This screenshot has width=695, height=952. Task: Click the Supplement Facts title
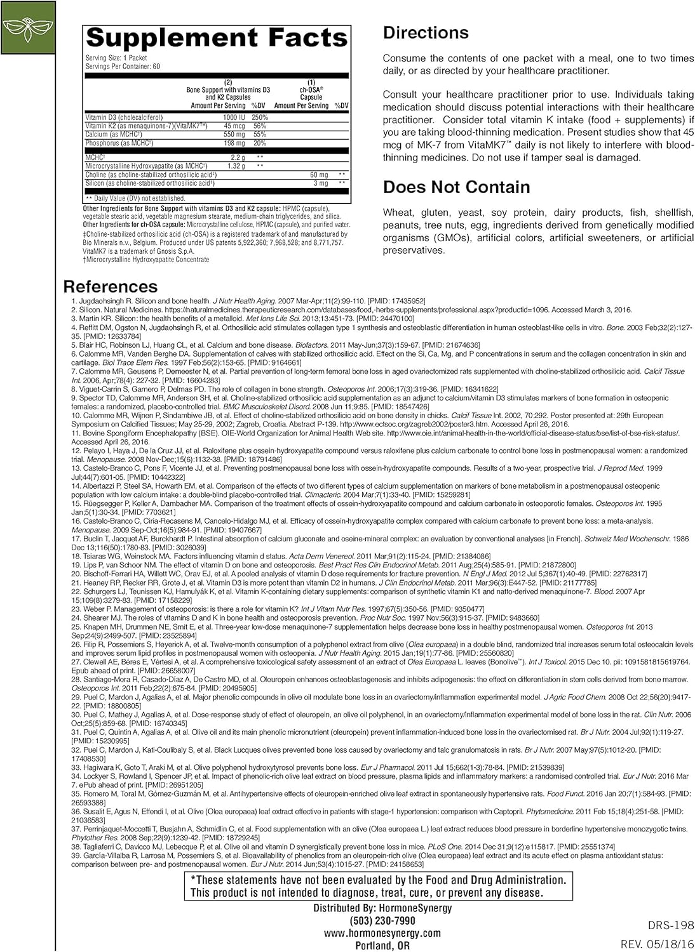coord(217,37)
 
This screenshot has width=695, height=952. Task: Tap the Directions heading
coord(426,33)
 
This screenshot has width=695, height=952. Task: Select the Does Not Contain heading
coord(456,187)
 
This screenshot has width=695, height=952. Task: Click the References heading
coord(111,287)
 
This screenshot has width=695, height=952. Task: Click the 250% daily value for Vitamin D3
coord(260,117)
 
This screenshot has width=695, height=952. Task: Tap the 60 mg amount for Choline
coord(319,175)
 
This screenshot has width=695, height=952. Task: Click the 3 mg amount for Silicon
coord(321,183)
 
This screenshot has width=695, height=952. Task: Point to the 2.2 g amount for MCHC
coord(237,157)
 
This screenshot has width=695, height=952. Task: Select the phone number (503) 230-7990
coord(382,920)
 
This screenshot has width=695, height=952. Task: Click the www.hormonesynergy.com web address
coord(382,932)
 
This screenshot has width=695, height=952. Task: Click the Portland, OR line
coord(382,945)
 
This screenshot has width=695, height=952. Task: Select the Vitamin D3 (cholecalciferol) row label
coord(124,117)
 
